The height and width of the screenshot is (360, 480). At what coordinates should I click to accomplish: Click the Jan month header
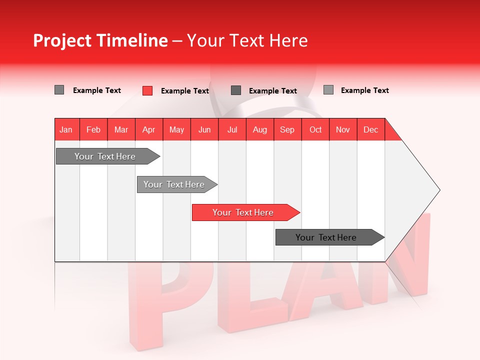(66, 129)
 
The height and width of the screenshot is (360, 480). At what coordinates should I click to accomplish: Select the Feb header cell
(93, 129)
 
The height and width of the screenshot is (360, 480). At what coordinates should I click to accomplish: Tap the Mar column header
(121, 129)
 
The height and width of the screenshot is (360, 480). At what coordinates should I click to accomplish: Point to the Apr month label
(148, 129)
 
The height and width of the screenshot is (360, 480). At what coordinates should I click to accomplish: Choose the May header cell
(176, 129)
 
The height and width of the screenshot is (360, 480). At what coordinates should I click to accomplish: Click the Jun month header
(204, 129)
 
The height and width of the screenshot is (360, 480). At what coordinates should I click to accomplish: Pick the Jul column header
(232, 129)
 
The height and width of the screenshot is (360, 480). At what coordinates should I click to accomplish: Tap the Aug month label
(259, 129)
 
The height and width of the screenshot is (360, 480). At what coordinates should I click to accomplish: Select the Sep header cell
(287, 129)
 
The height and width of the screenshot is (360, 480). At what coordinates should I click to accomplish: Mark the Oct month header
(315, 129)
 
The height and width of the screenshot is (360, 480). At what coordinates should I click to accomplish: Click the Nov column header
(343, 129)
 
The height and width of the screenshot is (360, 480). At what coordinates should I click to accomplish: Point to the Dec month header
(370, 129)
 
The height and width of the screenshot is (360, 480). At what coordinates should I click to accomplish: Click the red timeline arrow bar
(243, 212)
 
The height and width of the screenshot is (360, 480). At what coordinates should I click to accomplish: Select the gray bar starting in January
(105, 156)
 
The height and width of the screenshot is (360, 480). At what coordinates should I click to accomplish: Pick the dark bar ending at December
(326, 237)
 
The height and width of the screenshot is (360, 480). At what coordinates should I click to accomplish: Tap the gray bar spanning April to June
(174, 184)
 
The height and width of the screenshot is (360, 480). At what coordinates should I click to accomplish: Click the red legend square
(147, 90)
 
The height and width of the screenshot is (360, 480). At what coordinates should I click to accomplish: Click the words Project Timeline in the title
(100, 40)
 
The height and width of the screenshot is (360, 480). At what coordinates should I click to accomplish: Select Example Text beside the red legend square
(185, 91)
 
